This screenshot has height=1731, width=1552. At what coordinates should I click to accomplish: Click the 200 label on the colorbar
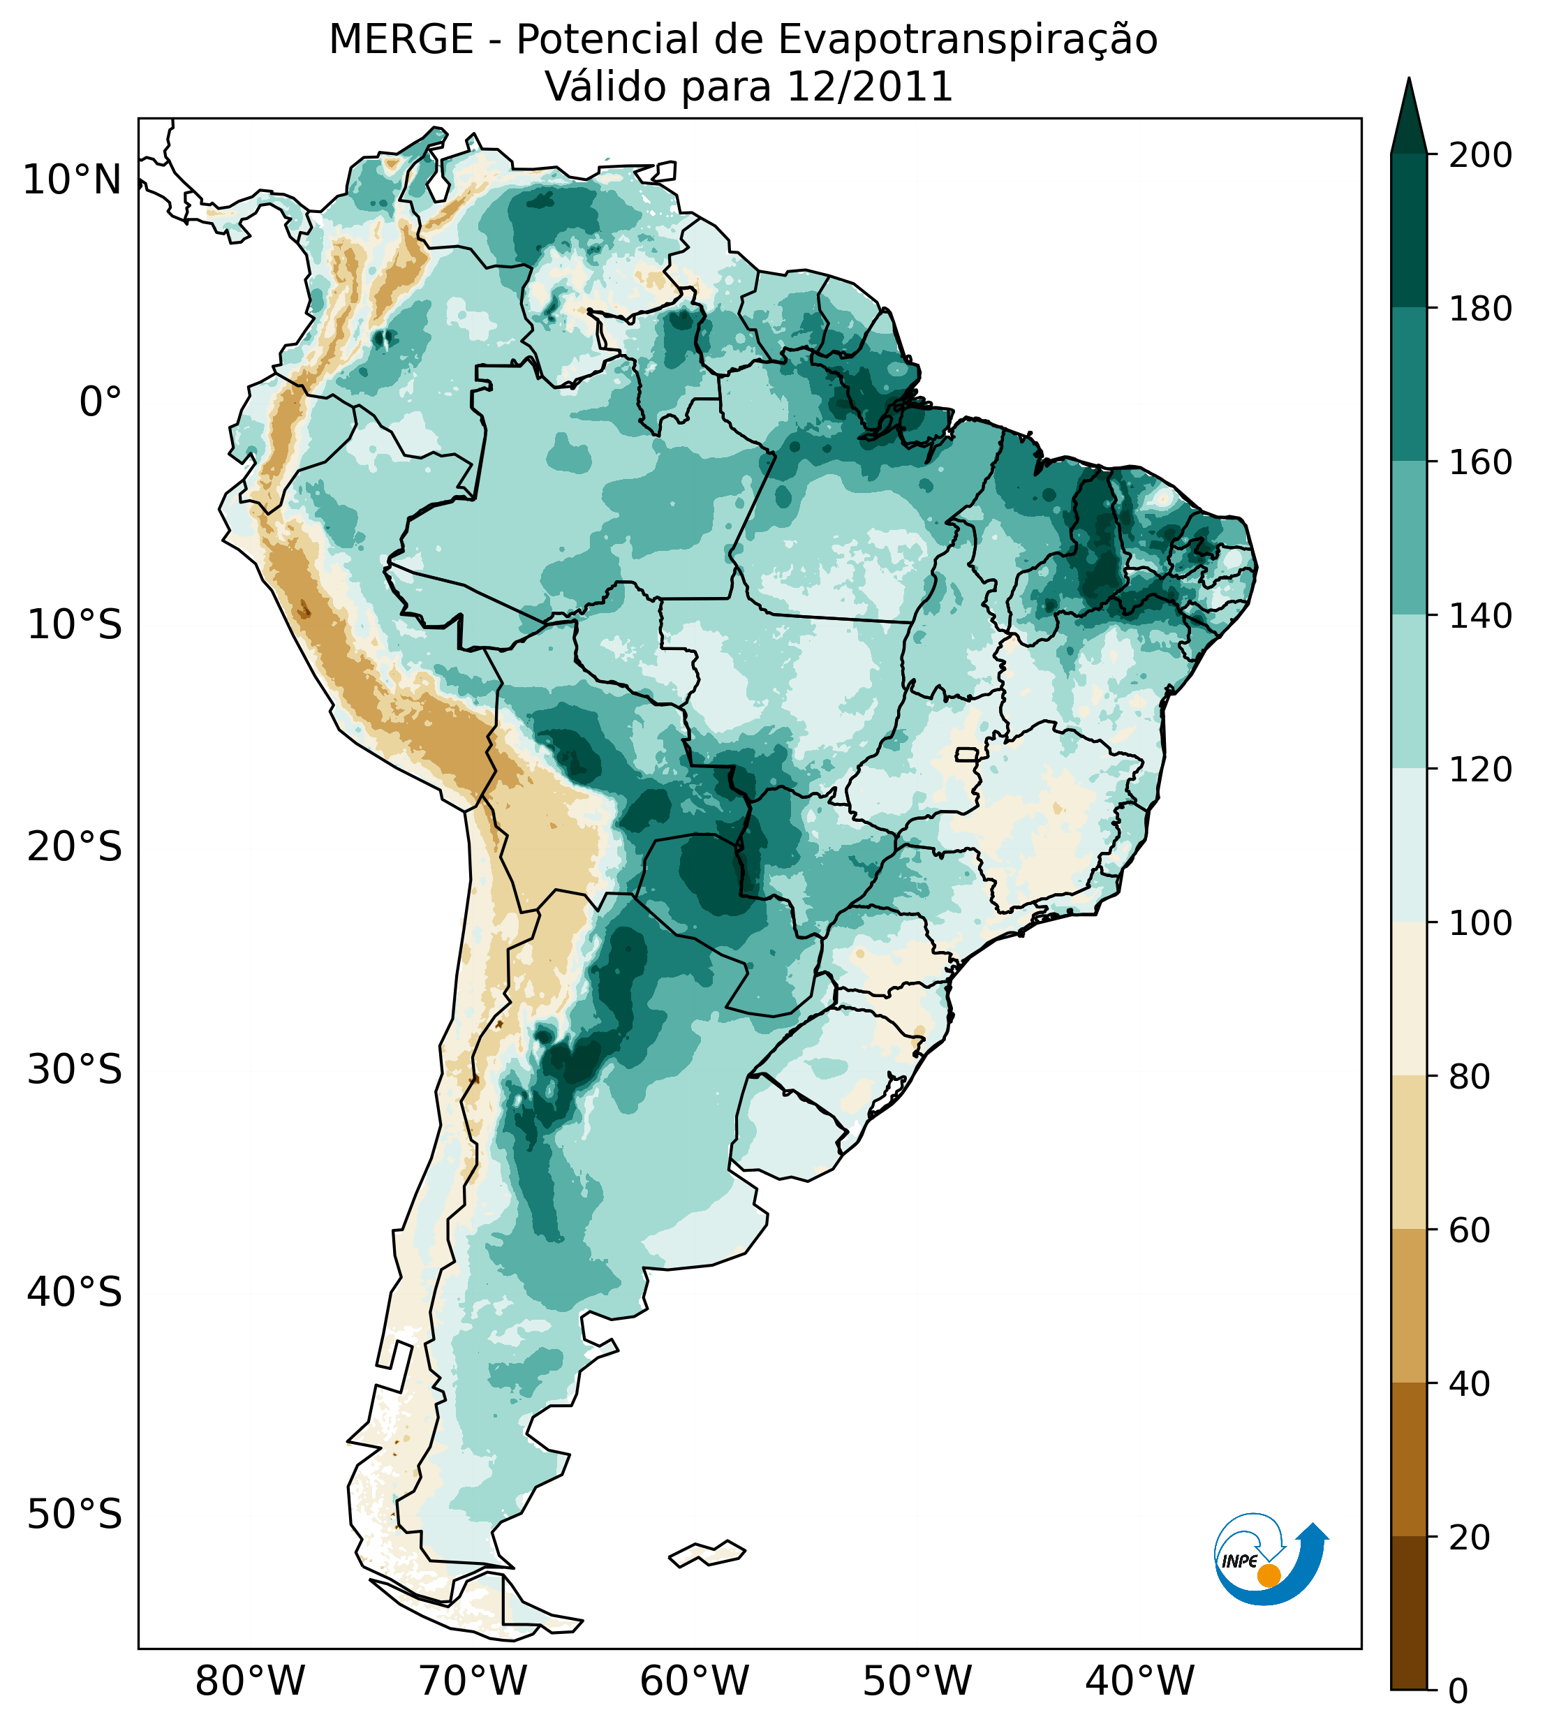pyautogui.click(x=1480, y=155)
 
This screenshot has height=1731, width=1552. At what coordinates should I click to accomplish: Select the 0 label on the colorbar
pyautogui.click(x=1458, y=1691)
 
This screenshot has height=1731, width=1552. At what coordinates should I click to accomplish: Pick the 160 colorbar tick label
pyautogui.click(x=1480, y=462)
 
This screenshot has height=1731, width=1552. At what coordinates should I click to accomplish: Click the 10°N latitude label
pyautogui.click(x=72, y=180)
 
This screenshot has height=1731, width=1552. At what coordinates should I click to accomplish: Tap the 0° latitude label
pyautogui.click(x=100, y=402)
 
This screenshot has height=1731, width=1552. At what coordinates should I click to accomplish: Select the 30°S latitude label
pyautogui.click(x=75, y=1069)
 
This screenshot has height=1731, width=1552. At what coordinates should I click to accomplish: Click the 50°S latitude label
pyautogui.click(x=75, y=1515)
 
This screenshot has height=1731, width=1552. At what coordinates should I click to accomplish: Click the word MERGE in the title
pyautogui.click(x=401, y=40)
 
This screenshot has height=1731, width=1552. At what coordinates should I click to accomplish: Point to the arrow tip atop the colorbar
pyautogui.click(x=1409, y=85)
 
